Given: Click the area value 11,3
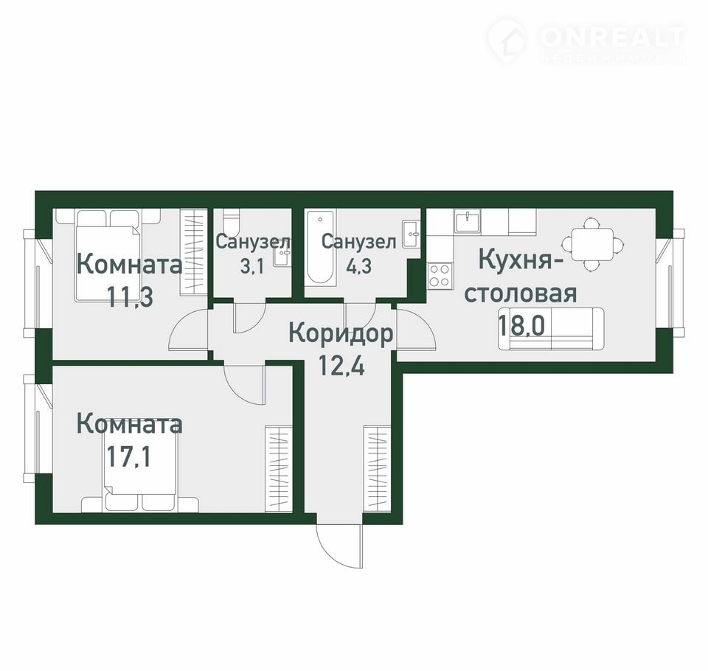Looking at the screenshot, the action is coord(130,296).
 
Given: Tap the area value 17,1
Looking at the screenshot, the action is coord(128,456).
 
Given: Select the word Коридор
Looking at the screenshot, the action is coord(341,335).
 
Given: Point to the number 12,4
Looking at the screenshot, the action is coord(341,366).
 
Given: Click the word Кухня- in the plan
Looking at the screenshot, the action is coord(515,262).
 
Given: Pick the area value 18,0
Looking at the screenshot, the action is coord(521,324).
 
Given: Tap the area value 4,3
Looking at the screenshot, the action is coord(358,266).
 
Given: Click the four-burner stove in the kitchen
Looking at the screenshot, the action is coord(440,276).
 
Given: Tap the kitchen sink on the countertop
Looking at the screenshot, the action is coord(468,222).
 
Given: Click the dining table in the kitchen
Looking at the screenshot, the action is coord(593,244).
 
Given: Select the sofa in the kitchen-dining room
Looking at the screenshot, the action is coord(551,328).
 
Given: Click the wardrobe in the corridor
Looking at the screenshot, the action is coord(377,469).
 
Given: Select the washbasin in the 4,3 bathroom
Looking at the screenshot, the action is coord(412,234).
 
